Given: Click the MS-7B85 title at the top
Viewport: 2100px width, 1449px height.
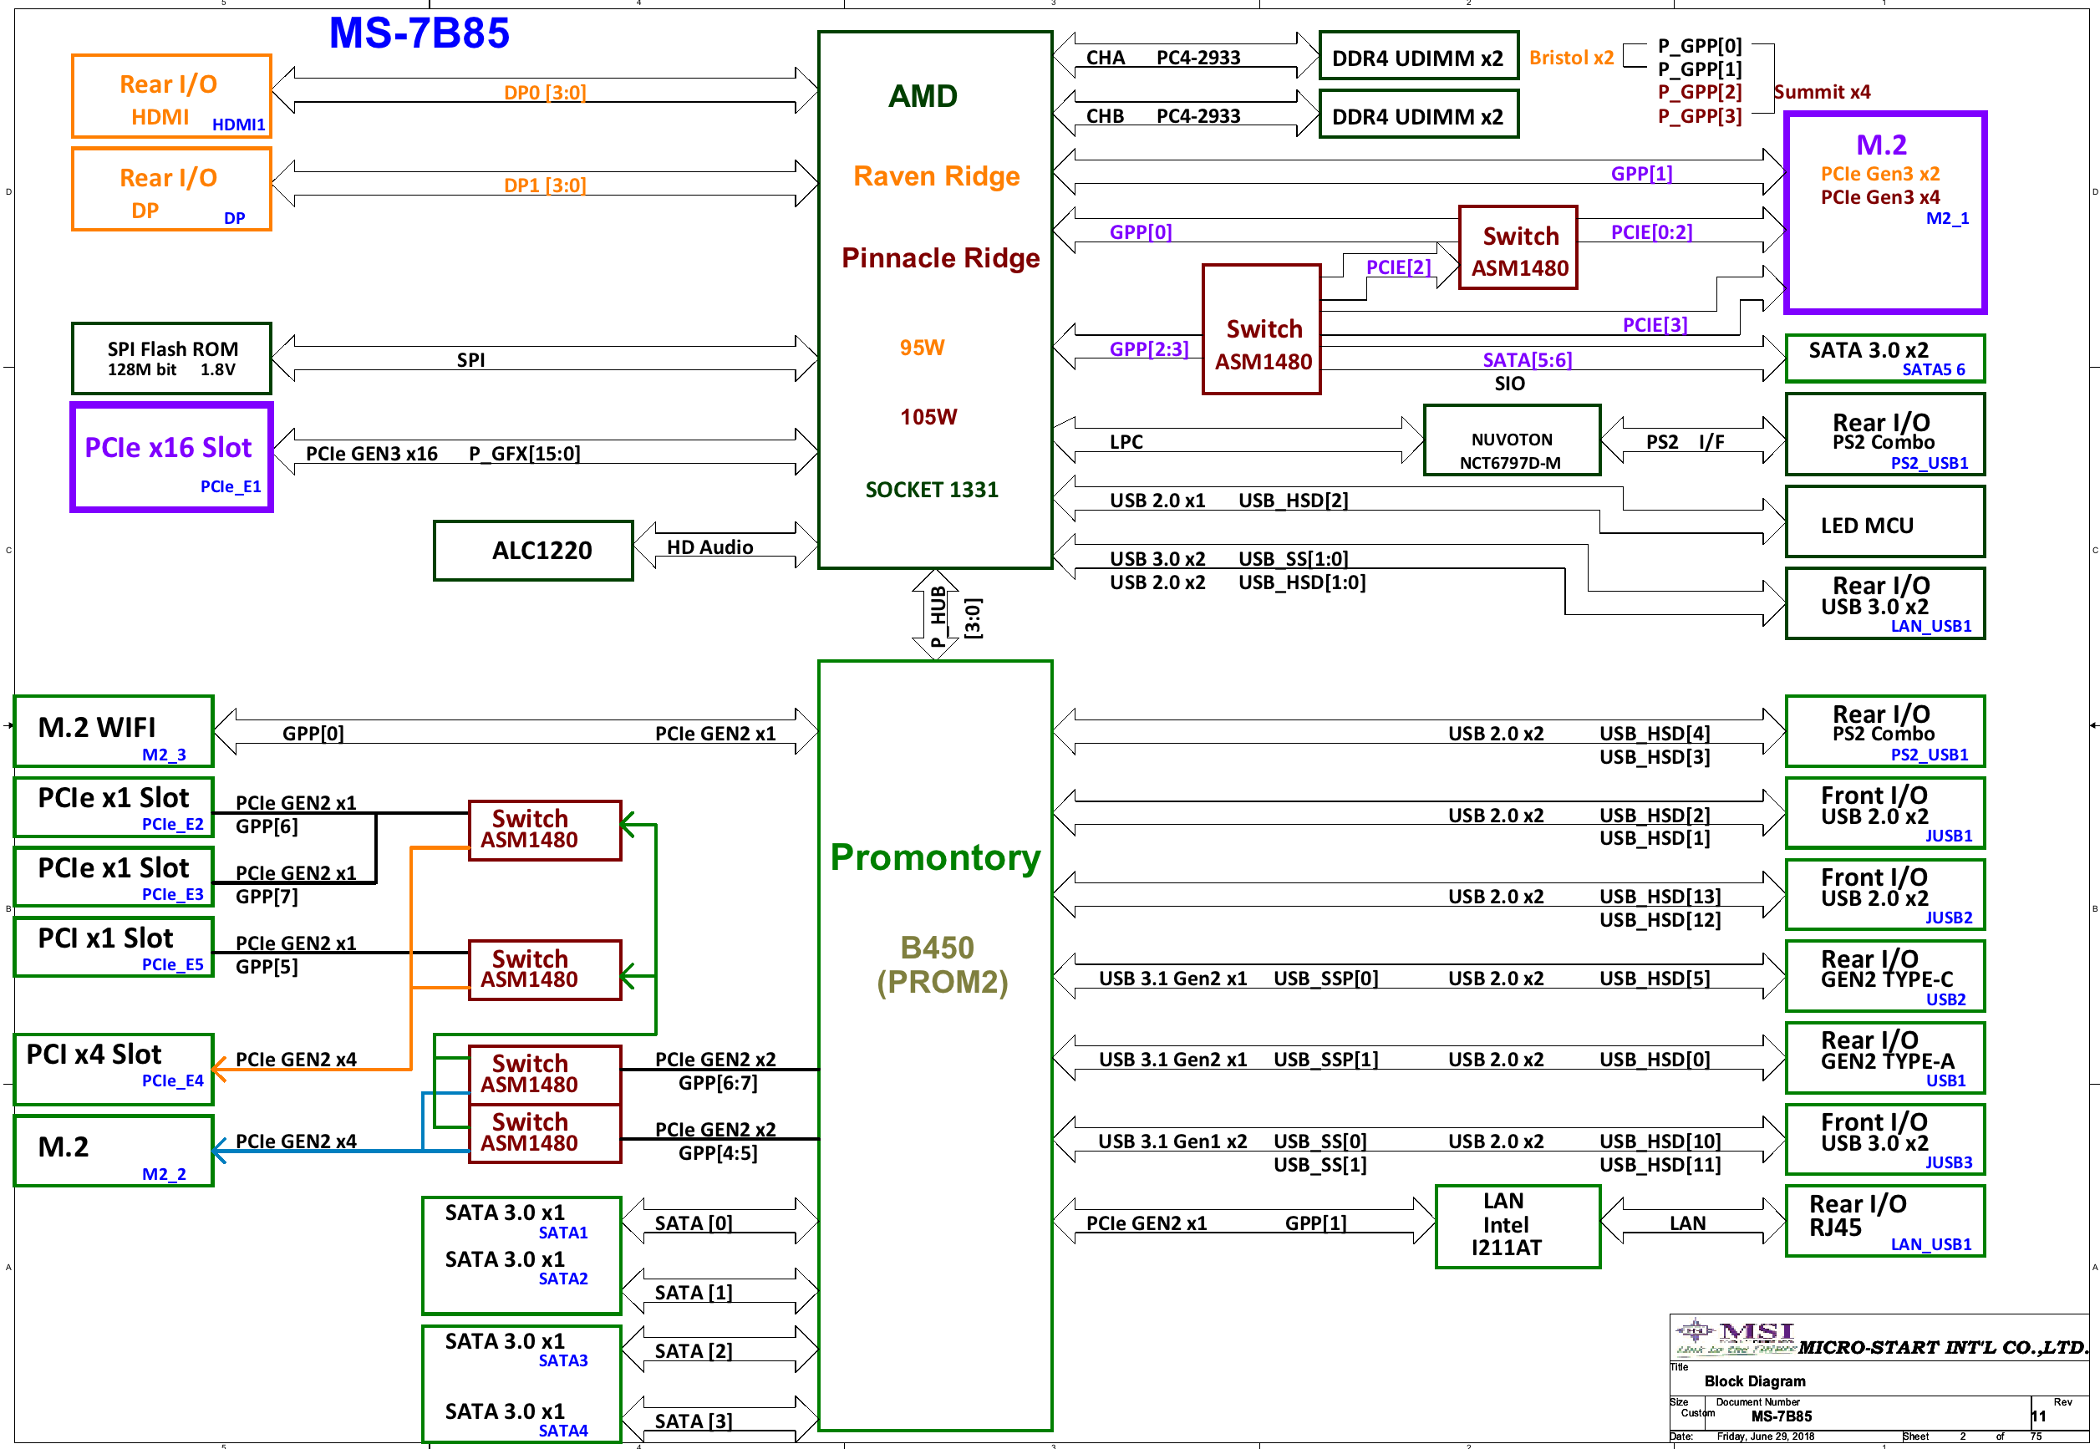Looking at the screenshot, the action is click(x=419, y=33).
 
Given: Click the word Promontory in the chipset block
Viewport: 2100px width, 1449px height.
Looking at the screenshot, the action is click(x=935, y=857).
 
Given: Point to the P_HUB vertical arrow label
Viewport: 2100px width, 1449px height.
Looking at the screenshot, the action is click(x=938, y=617).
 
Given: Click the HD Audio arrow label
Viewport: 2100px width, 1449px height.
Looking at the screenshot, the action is click(x=710, y=547).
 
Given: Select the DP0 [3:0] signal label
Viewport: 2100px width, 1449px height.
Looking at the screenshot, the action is click(x=545, y=93).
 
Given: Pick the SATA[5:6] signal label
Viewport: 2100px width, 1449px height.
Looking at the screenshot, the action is click(x=1527, y=360).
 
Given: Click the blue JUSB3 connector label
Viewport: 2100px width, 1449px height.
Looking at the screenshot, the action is click(x=1949, y=1162).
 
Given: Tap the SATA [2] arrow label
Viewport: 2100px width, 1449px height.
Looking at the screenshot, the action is click(x=694, y=1351).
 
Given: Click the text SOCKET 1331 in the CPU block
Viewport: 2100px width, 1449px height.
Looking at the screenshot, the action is click(x=932, y=491).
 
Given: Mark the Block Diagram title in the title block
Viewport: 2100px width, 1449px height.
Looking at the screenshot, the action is click(x=1754, y=1381).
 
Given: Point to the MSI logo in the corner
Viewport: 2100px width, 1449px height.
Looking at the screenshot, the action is click(x=1735, y=1337).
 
